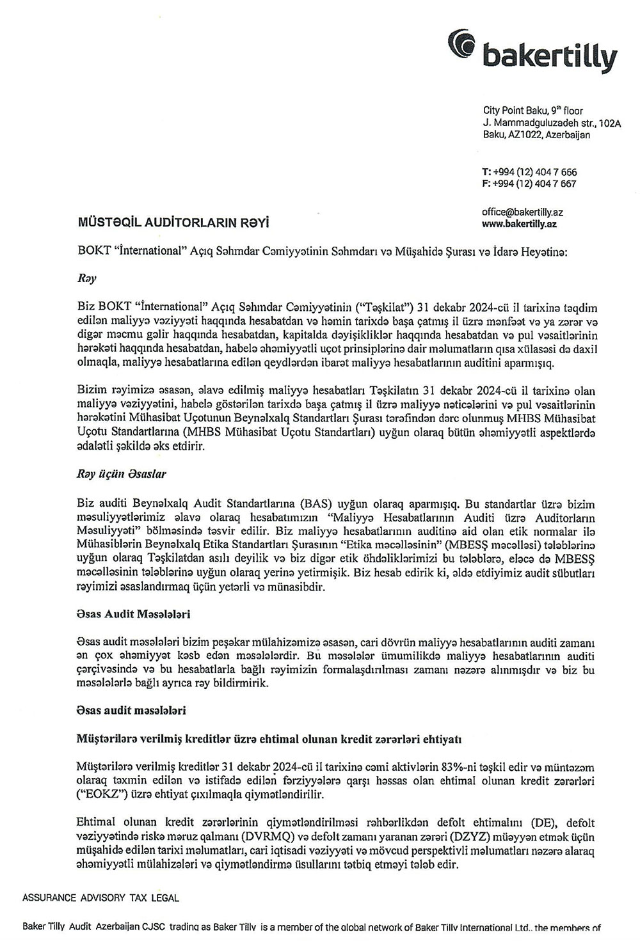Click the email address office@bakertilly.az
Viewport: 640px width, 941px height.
pyautogui.click(x=522, y=212)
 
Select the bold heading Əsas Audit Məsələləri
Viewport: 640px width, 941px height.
pyautogui.click(x=133, y=614)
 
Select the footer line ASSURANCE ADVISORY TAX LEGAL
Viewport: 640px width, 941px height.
pyautogui.click(x=100, y=898)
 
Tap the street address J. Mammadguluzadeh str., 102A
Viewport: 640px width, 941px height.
pyautogui.click(x=552, y=122)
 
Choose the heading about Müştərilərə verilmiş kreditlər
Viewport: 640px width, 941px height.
pyautogui.click(x=269, y=739)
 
